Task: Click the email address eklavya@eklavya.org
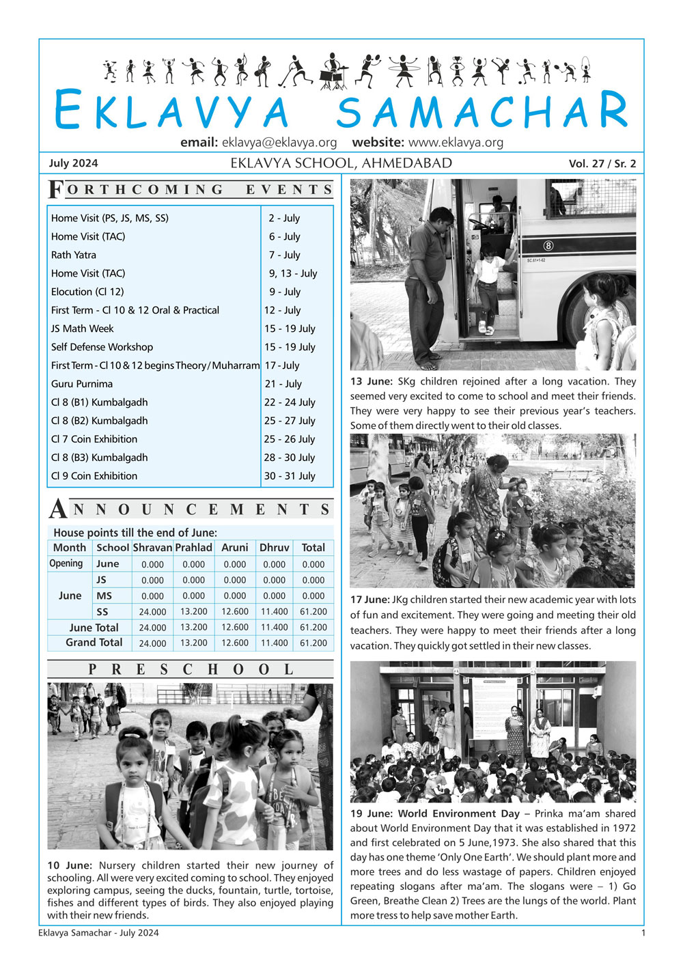pos(279,143)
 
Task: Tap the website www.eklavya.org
pos(456,143)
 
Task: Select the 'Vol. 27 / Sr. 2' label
pos(602,164)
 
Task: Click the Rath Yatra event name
pos(74,255)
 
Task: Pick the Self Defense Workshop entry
pos(102,347)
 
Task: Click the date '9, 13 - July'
pos(292,273)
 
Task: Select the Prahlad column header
pos(193,548)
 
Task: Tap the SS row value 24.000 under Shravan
pos(152,612)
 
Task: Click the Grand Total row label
pos(94,643)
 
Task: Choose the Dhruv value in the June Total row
pos(274,627)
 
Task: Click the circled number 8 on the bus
pos(548,246)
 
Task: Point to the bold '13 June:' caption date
pos(371,382)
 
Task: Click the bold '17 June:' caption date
pos(370,600)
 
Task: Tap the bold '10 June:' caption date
pos(69,865)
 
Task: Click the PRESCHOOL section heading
pos(191,670)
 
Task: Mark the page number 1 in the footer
pos(642,933)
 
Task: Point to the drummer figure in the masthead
pos(333,70)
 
